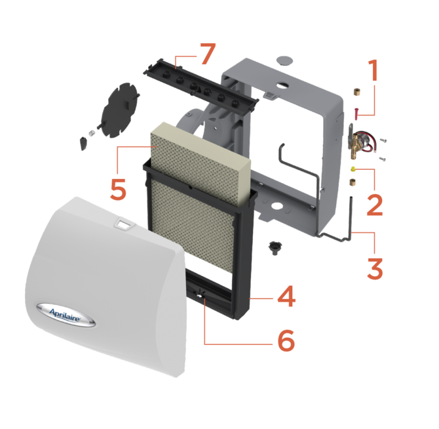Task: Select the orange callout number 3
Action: point(375,269)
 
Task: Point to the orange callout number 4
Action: point(286,296)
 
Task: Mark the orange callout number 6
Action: point(286,340)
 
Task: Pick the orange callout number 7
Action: point(208,53)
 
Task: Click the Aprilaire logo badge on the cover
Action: point(66,315)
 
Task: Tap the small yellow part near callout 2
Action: point(353,169)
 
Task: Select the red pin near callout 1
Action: point(356,113)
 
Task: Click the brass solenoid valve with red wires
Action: point(362,141)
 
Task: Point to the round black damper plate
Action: point(119,110)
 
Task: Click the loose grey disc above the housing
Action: point(284,60)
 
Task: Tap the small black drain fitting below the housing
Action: point(275,247)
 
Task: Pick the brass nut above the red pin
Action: point(356,92)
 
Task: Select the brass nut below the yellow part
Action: point(353,182)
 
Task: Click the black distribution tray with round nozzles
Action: point(200,87)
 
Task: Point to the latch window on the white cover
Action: point(123,224)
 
